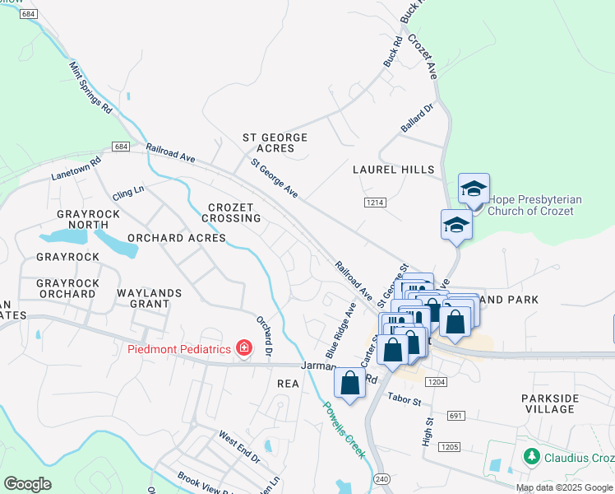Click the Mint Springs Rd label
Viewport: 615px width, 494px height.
(90, 87)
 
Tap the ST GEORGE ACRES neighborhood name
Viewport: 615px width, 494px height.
(275, 142)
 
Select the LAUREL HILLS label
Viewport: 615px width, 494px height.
(393, 170)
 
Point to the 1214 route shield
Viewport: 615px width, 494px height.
(374, 202)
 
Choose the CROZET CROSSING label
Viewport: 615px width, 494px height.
(234, 212)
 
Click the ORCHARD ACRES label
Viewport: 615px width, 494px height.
(176, 238)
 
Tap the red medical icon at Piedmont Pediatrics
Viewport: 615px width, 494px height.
(243, 348)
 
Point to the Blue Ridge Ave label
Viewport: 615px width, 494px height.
(340, 329)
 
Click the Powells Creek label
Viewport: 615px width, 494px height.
(343, 429)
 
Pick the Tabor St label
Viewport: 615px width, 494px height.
(405, 402)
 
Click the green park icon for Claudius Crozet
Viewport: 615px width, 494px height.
(532, 455)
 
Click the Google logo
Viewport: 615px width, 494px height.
(28, 484)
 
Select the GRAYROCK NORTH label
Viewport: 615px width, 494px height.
(82, 219)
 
